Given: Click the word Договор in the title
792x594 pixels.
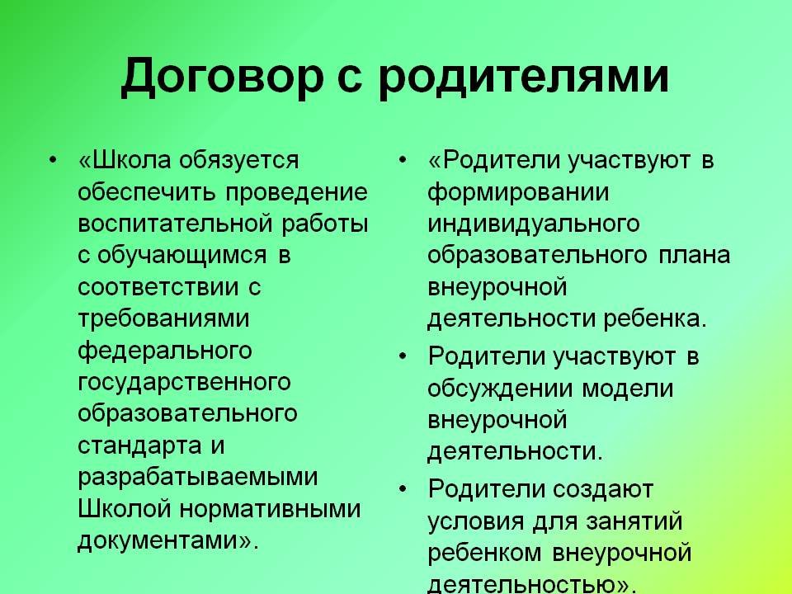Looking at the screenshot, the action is tap(222, 78).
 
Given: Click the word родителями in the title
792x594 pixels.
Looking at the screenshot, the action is tap(524, 78).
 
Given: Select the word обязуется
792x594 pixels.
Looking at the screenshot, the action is tap(239, 160).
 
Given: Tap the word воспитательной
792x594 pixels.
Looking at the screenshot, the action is tap(175, 224).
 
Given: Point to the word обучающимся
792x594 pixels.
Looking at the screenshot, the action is tap(181, 256).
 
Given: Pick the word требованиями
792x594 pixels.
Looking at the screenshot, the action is tap(163, 319).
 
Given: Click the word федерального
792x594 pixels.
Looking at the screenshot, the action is tap(165, 351).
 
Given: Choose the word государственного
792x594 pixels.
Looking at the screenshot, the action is tap(184, 383).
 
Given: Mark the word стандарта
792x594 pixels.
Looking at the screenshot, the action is tap(139, 445).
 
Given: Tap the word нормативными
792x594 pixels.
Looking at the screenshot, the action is tap(271, 509).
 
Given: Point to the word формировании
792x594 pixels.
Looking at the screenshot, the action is tap(518, 192).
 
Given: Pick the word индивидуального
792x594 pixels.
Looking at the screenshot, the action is tap(534, 224).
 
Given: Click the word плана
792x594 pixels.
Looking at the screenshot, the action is tap(695, 256).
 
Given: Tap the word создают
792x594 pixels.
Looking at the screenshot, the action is tap(603, 490).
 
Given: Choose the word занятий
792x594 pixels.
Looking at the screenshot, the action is tap(634, 521).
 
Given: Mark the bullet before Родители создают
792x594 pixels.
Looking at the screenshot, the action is tap(403, 490).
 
